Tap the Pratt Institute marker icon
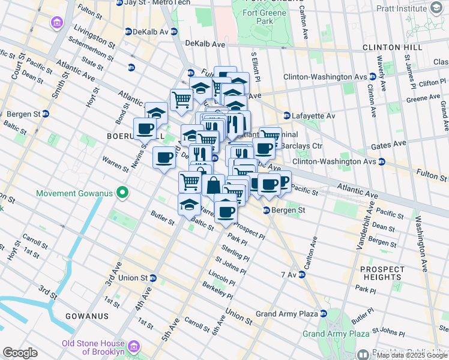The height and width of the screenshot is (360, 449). (436, 8)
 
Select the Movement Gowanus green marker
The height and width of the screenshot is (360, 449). (122, 193)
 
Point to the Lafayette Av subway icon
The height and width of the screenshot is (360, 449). (287, 116)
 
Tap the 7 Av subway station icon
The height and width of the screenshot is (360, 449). (302, 274)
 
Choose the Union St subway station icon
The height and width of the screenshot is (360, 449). (153, 278)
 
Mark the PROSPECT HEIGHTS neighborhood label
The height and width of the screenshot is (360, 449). (382, 273)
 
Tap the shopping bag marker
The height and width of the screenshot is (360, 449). (213, 185)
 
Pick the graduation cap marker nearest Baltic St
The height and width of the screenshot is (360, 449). (190, 204)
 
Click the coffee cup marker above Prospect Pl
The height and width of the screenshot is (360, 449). (226, 211)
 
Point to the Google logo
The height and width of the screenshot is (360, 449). (20, 353)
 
